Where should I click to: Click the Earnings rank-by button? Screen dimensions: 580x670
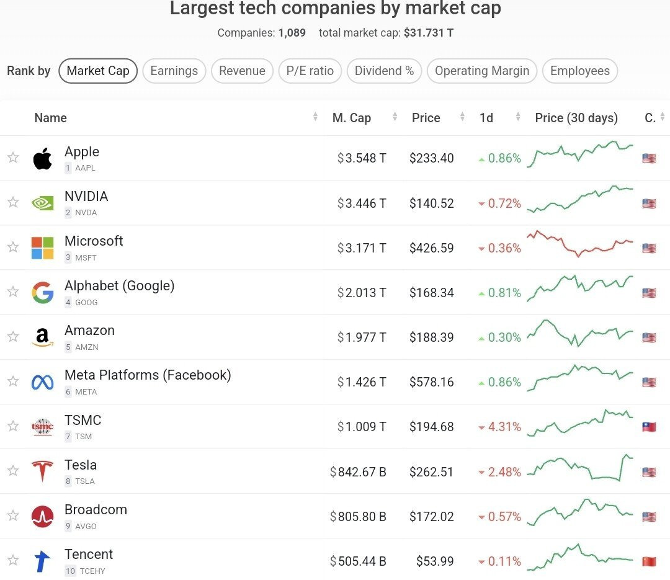(174, 71)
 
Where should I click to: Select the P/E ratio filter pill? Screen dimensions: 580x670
(310, 71)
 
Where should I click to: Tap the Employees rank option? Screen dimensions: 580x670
(579, 71)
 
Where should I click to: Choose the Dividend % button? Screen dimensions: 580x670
(384, 71)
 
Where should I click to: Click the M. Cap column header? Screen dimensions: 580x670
(352, 118)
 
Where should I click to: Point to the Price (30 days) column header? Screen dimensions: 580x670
(576, 118)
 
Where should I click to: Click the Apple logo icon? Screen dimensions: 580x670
(43, 159)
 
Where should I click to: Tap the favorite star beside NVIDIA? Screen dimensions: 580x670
(13, 202)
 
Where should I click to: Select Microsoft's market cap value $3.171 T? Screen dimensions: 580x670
(362, 248)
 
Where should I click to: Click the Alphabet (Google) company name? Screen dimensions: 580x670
(119, 285)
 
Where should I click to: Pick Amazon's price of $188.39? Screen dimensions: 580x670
(431, 337)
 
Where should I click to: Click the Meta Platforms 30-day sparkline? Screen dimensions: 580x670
(579, 377)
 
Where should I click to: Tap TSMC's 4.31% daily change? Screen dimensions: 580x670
(500, 427)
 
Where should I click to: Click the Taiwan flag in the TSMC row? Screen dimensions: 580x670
(649, 427)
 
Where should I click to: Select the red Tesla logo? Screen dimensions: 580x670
(43, 471)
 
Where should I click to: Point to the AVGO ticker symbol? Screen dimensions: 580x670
(86, 526)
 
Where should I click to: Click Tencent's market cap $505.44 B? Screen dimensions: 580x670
(358, 561)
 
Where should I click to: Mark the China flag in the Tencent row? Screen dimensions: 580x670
(649, 561)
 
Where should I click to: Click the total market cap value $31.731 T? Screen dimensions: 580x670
(428, 32)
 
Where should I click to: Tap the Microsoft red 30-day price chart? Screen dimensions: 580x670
(579, 243)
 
